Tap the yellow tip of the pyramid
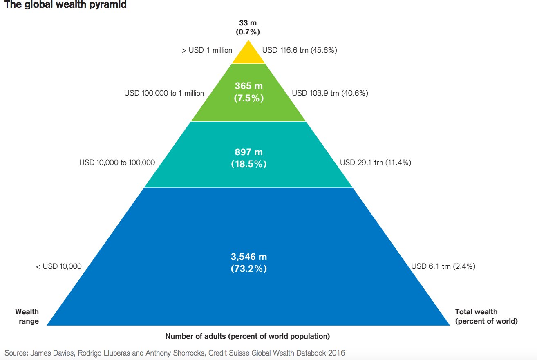pos(248,55)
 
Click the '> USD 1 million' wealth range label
pos(207,50)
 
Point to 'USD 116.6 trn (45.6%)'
pos(300,50)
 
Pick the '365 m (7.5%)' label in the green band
pos(248,92)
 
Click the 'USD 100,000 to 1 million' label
pos(164,93)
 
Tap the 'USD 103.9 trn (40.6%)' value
pos(330,93)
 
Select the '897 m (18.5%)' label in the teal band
pos(248,158)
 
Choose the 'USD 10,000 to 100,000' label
pos(117,163)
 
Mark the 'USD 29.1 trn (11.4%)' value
pos(375,163)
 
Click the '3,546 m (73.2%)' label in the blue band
pos(248,262)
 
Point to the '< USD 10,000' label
pos(59,266)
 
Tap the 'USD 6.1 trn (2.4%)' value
pos(443,266)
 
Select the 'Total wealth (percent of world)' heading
pos(486,316)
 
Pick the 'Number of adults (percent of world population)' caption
pos(247,336)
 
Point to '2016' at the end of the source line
pos(338,352)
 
